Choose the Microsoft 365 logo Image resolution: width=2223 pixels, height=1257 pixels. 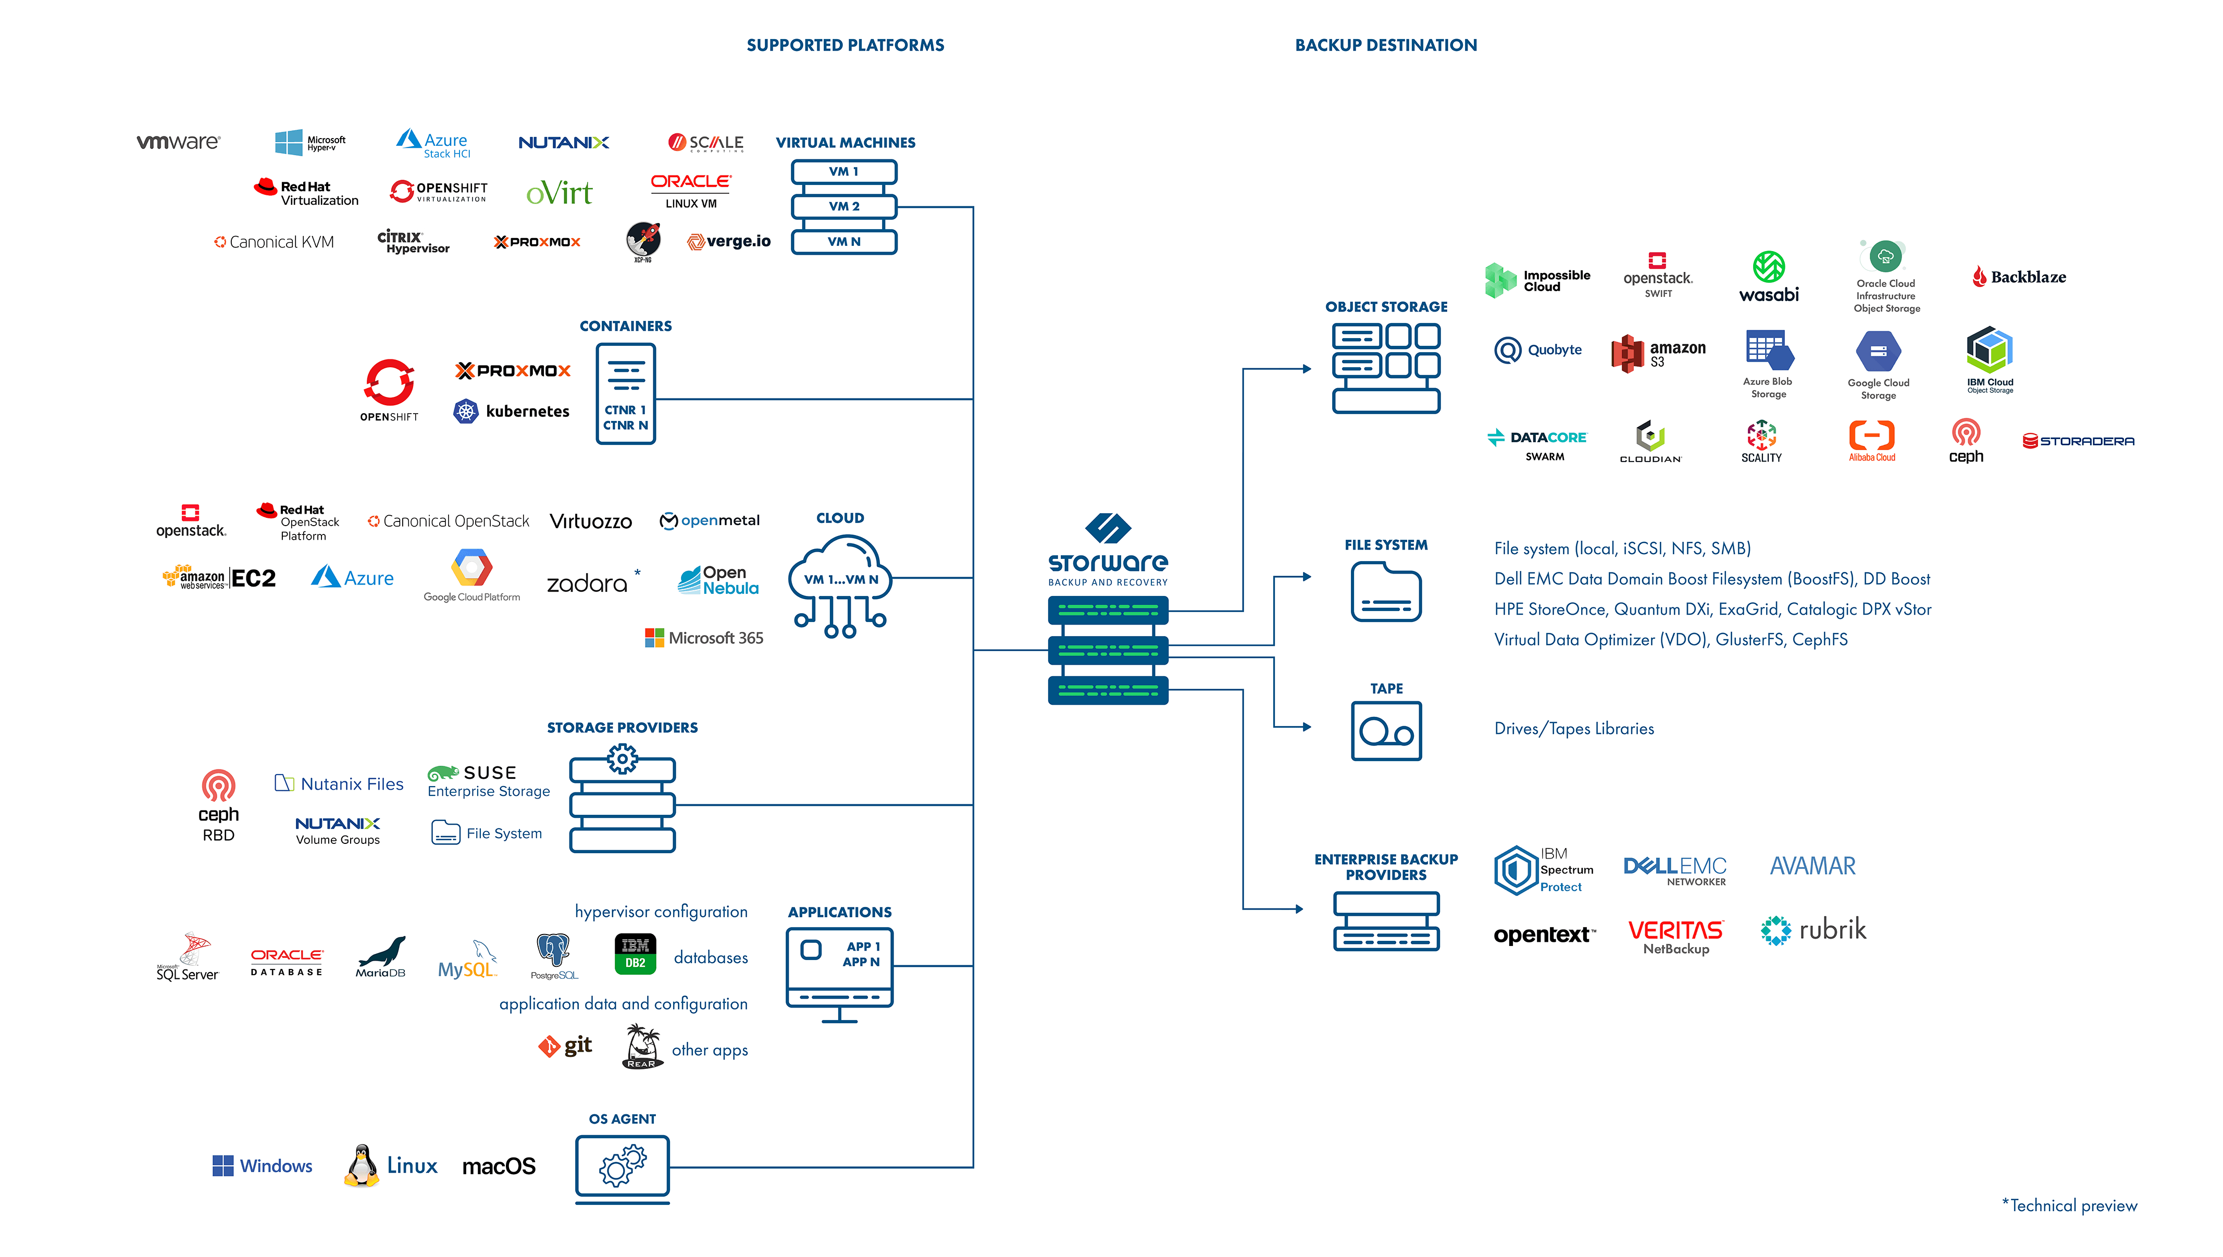(x=704, y=638)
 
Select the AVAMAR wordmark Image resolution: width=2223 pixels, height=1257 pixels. (x=1812, y=866)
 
